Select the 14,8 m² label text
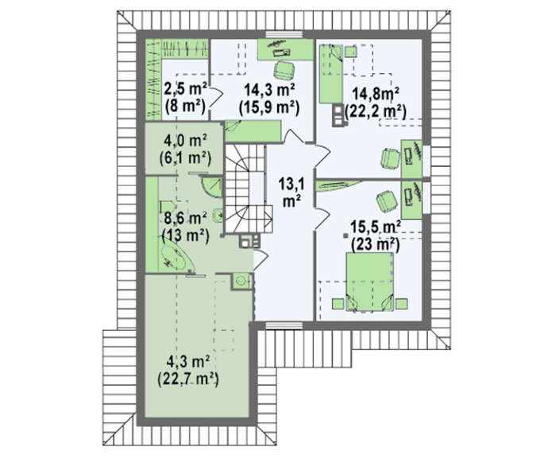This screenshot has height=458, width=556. tap(375, 94)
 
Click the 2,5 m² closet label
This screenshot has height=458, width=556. tap(185, 90)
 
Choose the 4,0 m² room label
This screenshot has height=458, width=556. tap(185, 142)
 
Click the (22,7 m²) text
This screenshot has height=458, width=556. tap(187, 378)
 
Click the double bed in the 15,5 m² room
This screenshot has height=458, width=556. tap(369, 281)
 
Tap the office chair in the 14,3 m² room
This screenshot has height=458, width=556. tap(284, 70)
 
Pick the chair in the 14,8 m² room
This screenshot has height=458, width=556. tap(390, 159)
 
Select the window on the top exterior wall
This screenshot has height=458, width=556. tap(284, 34)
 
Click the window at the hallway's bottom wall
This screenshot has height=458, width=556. tap(284, 325)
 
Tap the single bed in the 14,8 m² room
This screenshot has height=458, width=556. tap(331, 74)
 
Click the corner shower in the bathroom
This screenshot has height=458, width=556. tap(212, 187)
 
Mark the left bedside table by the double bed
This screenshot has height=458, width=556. tap(338, 304)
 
